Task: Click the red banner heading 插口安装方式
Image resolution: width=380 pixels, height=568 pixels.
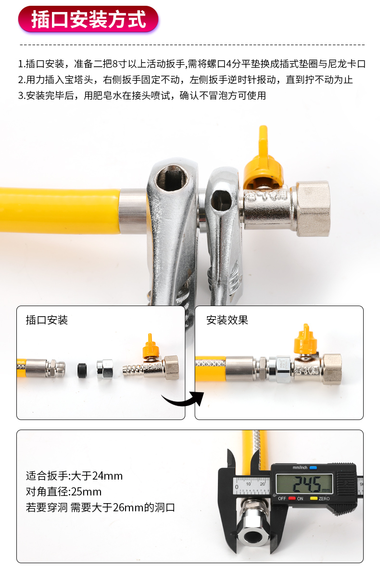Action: pos(89,20)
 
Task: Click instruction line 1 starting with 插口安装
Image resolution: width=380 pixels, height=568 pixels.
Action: pos(192,64)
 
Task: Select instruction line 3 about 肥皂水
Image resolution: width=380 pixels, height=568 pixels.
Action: pos(142,95)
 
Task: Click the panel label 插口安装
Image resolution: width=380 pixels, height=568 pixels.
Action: pos(47,320)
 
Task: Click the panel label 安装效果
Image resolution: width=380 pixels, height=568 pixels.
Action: pos(227,320)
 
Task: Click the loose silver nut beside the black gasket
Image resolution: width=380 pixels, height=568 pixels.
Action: pos(104,369)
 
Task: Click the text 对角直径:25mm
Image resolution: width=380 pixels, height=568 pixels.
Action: pos(63,492)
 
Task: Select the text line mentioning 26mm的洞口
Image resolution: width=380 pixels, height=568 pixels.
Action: pos(100,507)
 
